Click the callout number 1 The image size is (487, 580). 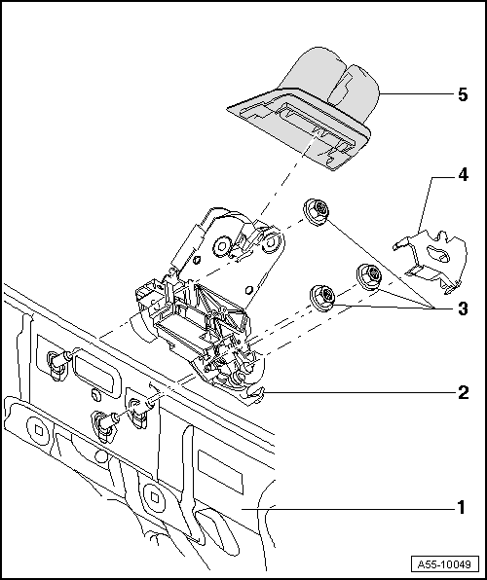tap(464, 507)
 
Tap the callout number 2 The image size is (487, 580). tap(464, 393)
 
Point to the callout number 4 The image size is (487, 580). tap(464, 176)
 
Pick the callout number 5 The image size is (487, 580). tap(464, 94)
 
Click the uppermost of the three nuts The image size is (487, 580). tap(317, 210)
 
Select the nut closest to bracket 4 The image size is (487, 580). tap(369, 275)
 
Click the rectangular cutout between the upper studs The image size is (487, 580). tap(96, 371)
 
